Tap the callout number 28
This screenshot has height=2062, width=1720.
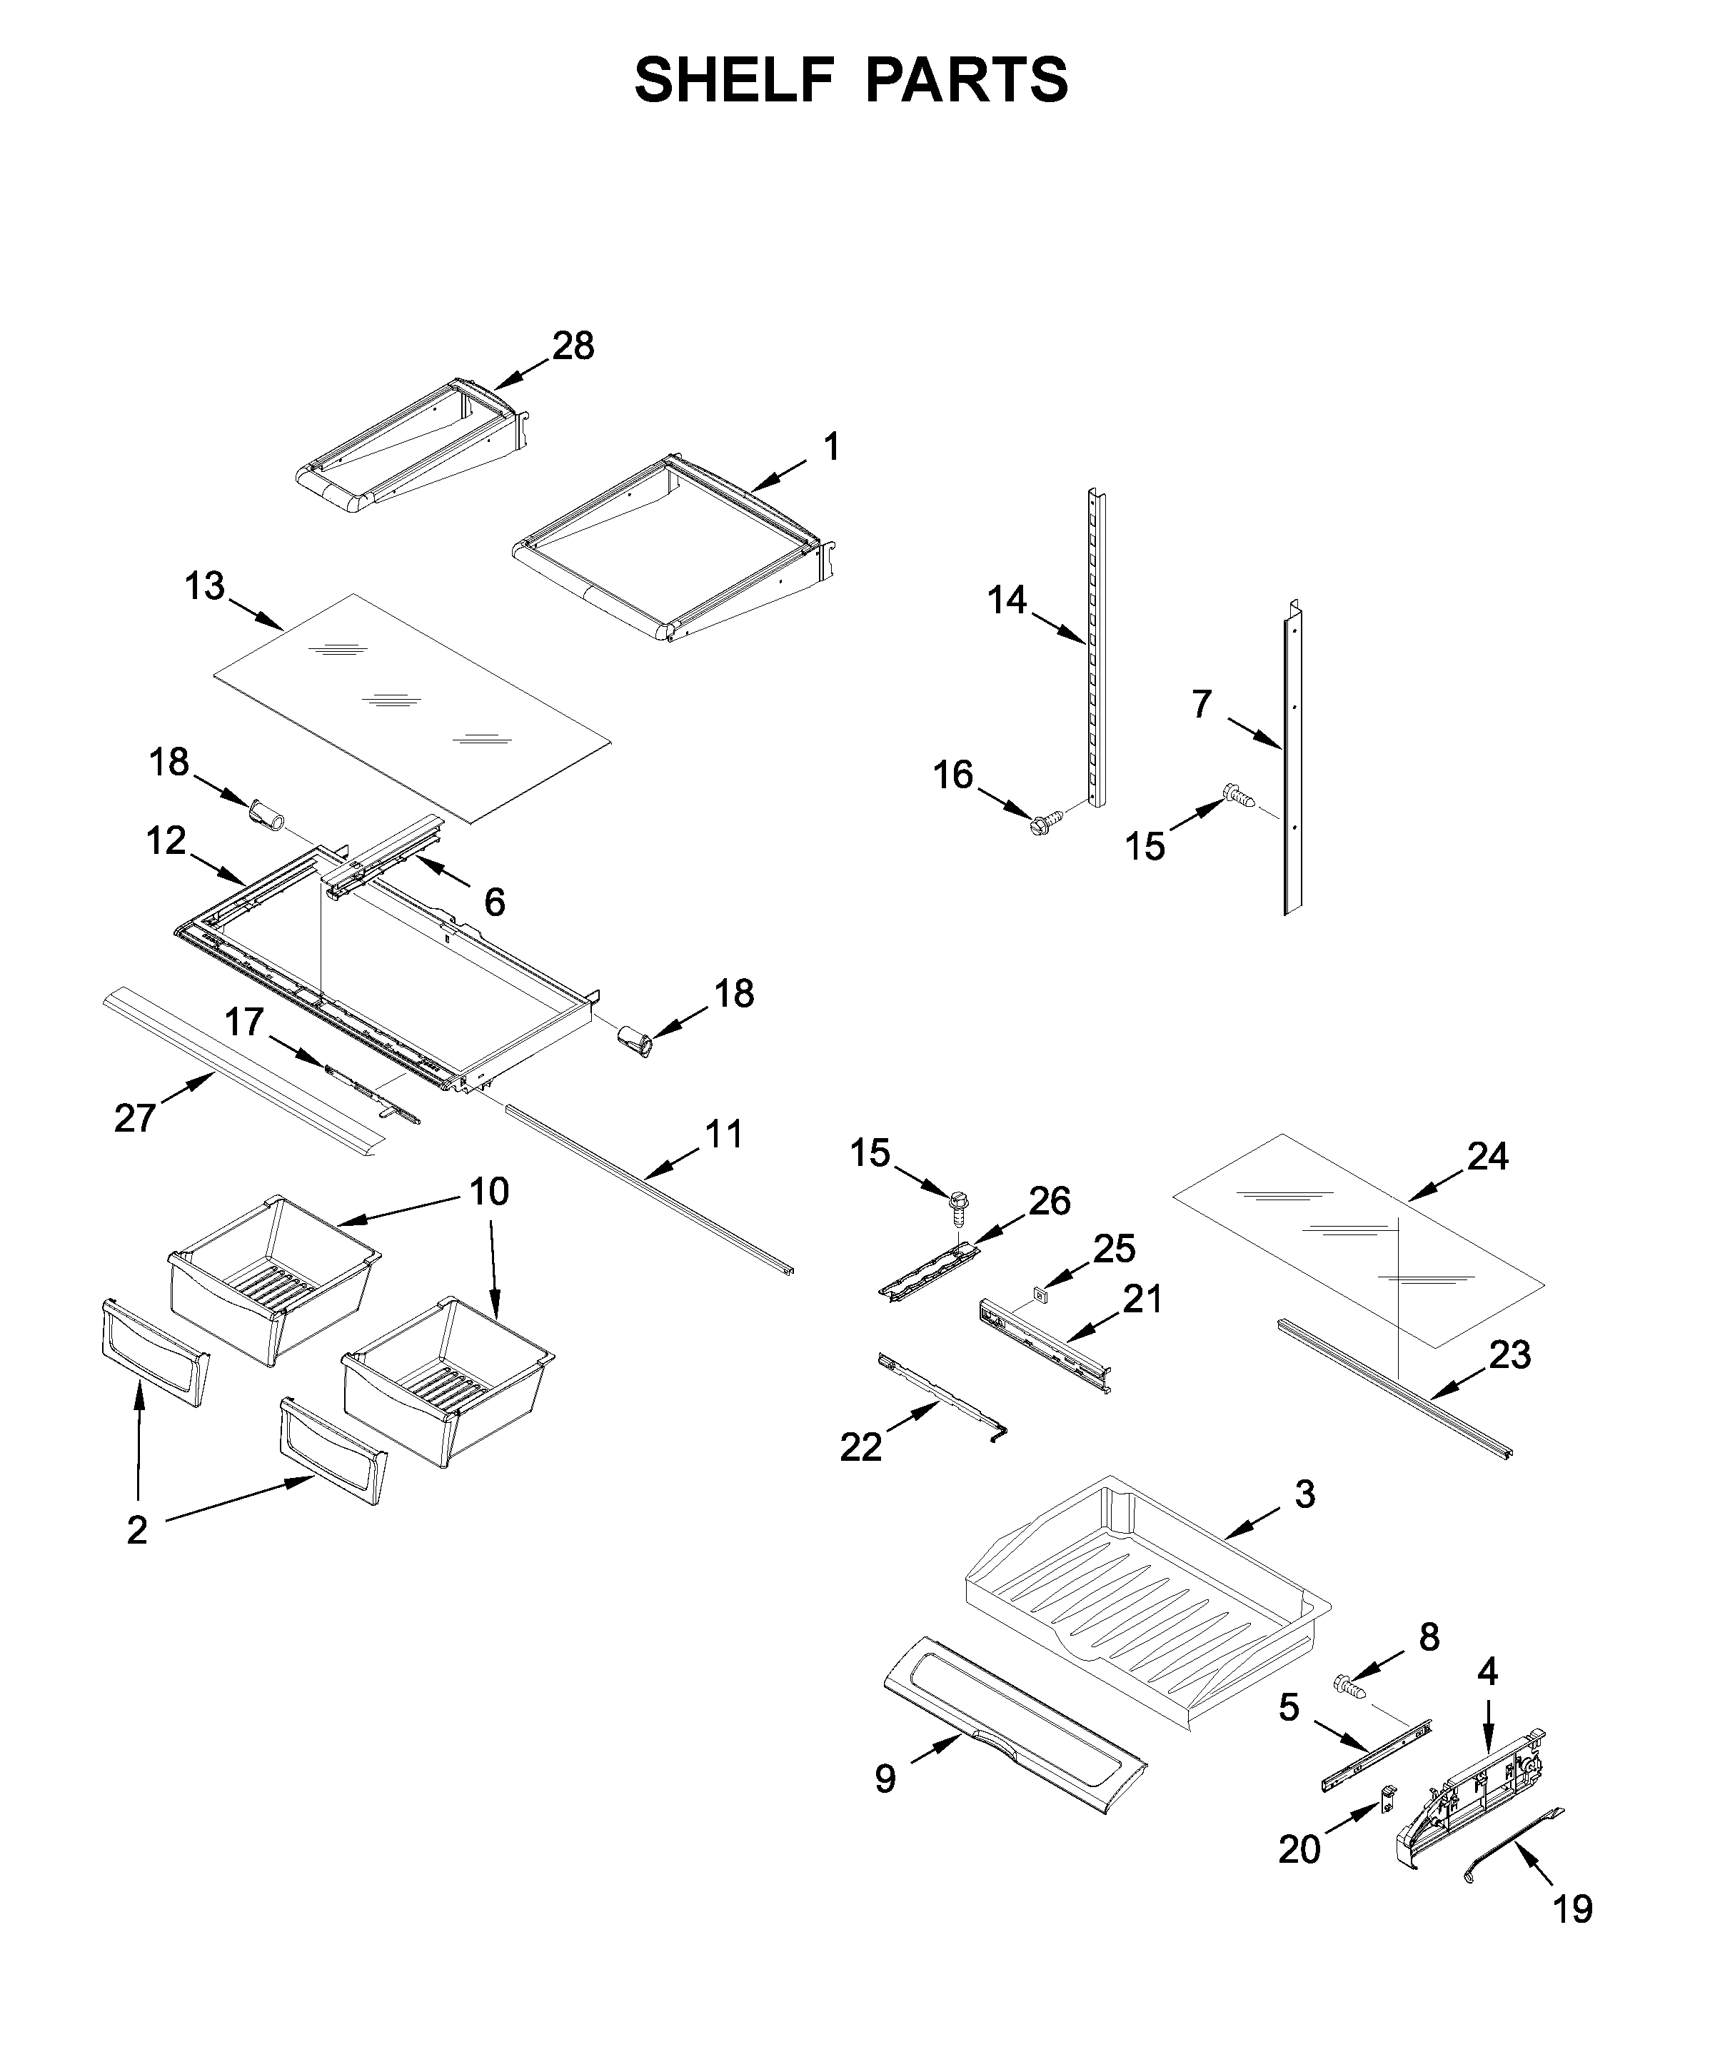(573, 346)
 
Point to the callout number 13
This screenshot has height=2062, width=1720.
(204, 586)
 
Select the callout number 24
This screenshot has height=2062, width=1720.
(1487, 1157)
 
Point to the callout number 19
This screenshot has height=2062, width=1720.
(1571, 1937)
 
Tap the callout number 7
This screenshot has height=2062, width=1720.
(1202, 704)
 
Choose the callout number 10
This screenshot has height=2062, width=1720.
(488, 1191)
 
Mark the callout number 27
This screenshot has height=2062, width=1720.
(134, 1117)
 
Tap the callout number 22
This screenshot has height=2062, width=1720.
(861, 1447)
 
